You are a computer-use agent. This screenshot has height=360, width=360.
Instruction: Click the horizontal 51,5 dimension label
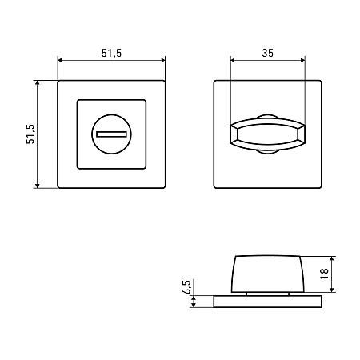tap(111, 53)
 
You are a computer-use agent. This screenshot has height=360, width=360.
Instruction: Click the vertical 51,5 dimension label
tap(30, 134)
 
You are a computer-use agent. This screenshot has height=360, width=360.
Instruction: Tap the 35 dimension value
tap(267, 53)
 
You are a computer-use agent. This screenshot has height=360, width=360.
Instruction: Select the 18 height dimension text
tap(324, 274)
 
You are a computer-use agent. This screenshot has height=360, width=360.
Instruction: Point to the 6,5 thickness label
tap(187, 286)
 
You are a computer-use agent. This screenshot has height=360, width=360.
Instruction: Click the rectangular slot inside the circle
tap(111, 134)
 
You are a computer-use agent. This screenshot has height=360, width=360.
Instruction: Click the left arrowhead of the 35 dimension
tap(233, 60)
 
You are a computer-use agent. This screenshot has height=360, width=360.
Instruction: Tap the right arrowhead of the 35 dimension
tap(302, 60)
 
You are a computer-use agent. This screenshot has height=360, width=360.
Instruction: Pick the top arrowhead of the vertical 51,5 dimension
tap(38, 82)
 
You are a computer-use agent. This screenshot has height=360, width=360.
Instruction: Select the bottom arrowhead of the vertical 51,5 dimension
tap(38, 186)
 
